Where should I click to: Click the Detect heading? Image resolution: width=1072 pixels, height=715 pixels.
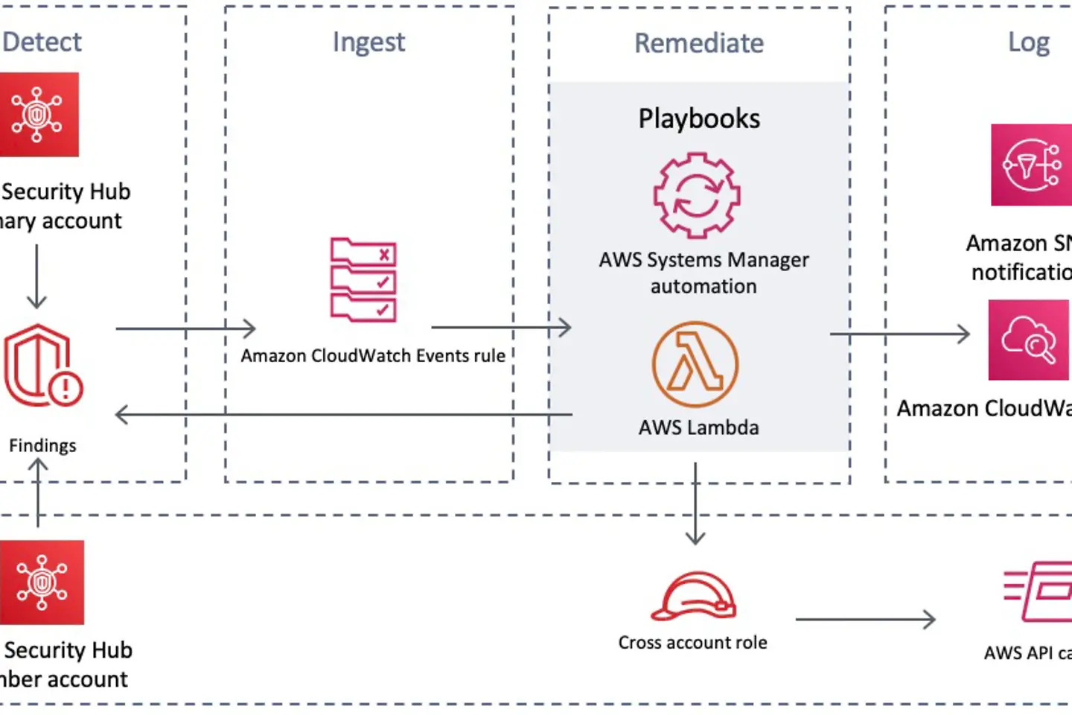click(x=42, y=42)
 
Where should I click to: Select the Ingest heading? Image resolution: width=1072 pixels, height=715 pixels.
click(x=368, y=42)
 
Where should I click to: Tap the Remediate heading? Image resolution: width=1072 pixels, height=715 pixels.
click(x=698, y=43)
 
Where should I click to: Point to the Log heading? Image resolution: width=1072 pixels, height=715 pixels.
click(x=1028, y=43)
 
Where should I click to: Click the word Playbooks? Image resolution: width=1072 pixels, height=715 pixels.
click(x=699, y=119)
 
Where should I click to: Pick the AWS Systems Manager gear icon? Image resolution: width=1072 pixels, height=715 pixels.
click(x=697, y=195)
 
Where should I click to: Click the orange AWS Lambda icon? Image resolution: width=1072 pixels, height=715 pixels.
click(x=695, y=364)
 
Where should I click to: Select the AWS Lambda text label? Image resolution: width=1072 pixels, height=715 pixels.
click(x=698, y=428)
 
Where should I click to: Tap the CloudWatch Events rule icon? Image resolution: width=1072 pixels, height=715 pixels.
click(x=363, y=279)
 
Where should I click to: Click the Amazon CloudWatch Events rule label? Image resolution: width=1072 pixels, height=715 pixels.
click(x=373, y=356)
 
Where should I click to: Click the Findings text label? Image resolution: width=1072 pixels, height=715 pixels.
click(x=42, y=445)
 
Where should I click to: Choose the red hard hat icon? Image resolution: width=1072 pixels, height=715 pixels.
click(x=693, y=596)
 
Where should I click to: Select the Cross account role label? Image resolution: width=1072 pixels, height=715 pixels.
click(x=692, y=643)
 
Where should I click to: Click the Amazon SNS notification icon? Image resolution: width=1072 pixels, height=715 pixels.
click(x=1031, y=165)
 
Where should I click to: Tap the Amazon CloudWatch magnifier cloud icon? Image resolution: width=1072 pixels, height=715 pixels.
click(x=1028, y=340)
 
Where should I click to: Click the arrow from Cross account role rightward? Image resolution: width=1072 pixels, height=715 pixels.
click(x=865, y=619)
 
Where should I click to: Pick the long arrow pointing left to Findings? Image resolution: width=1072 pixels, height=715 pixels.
click(x=343, y=415)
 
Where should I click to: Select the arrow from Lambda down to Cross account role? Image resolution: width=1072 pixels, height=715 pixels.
click(x=695, y=503)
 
